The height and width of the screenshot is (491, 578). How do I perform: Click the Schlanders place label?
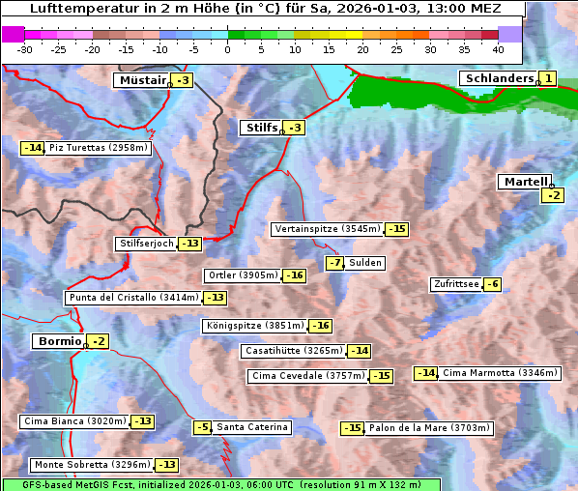[498, 78]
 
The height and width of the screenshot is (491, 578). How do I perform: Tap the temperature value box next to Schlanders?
[548, 78]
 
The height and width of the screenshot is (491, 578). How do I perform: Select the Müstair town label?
[141, 80]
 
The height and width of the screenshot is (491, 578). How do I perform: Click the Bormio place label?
[59, 341]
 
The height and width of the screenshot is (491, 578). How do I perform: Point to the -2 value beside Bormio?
[98, 341]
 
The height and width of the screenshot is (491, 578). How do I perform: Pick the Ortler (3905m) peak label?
[243, 275]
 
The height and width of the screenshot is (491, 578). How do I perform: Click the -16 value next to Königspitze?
[321, 326]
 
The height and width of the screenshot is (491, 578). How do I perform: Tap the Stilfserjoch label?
[146, 244]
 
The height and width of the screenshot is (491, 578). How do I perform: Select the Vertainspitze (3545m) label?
[327, 229]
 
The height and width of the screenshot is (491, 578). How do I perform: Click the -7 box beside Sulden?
[335, 263]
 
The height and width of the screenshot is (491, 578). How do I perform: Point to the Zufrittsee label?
[455, 284]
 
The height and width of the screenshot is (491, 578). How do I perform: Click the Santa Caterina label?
[251, 427]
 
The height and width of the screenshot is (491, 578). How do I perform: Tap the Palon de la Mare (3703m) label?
[430, 427]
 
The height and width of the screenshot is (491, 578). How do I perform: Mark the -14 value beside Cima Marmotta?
[426, 373]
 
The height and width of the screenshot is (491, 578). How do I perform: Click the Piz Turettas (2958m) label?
[98, 148]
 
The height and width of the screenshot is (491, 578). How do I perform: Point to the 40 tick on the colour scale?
[498, 49]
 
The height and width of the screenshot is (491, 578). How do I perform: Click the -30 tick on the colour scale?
[25, 49]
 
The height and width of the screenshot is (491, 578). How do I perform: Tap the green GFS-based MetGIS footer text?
[220, 484]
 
